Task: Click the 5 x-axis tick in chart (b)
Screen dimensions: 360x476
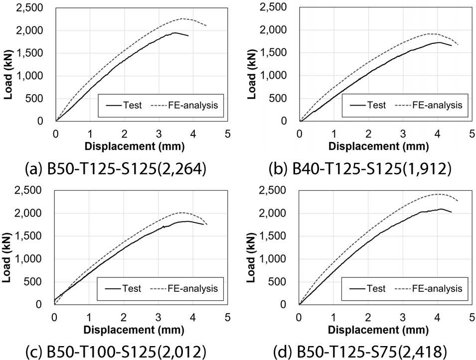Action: (472, 134)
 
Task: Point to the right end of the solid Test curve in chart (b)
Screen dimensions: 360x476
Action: (452, 46)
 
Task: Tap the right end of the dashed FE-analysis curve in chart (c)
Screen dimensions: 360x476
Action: (207, 225)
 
